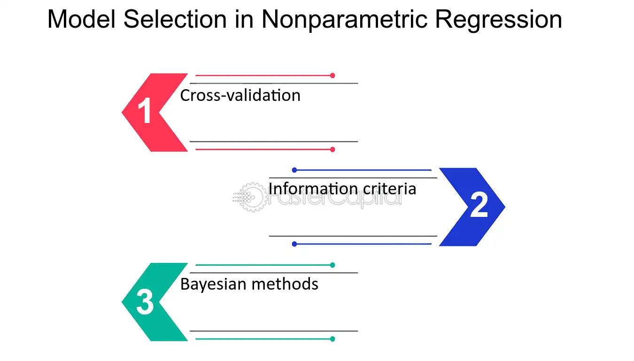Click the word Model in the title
[82, 19]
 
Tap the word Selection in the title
[175, 19]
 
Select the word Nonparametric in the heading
[344, 20]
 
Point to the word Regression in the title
[498, 20]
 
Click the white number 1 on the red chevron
[145, 110]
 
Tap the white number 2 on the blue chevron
[479, 204]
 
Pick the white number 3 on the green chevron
[145, 302]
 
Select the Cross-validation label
[240, 95]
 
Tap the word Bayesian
[213, 284]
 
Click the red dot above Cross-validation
[332, 76]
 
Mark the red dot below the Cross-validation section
[332, 149]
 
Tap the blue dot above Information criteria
[294, 170]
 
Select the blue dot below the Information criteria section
[294, 244]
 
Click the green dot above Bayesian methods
[332, 265]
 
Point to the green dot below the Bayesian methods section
[332, 339]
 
